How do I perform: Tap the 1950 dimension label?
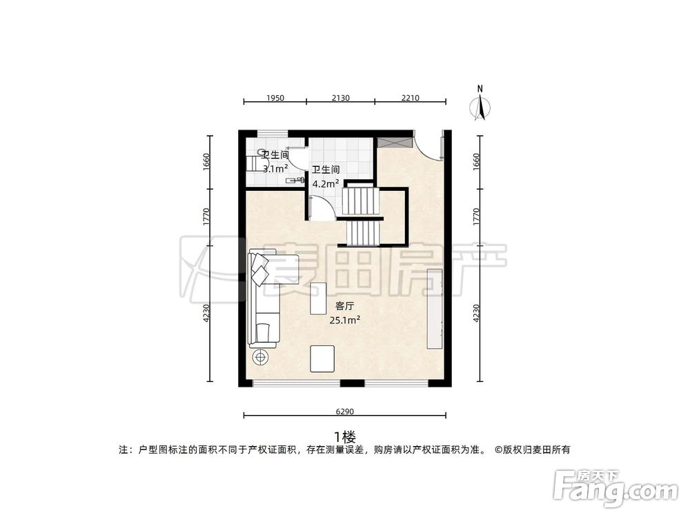(x=275, y=98)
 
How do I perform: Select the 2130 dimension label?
(x=341, y=98)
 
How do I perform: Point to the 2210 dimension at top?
(x=410, y=98)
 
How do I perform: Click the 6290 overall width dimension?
(x=344, y=412)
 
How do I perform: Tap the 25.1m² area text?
(x=344, y=319)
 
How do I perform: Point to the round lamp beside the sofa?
(x=261, y=357)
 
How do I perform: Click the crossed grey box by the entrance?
(x=393, y=141)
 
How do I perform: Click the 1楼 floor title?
(x=344, y=436)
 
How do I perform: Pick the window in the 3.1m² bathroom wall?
(x=268, y=132)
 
